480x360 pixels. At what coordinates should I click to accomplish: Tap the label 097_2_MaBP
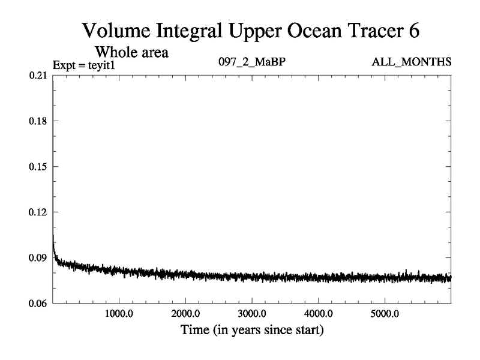pyautogui.click(x=253, y=62)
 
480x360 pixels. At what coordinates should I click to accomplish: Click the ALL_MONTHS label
pyautogui.click(x=412, y=62)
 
